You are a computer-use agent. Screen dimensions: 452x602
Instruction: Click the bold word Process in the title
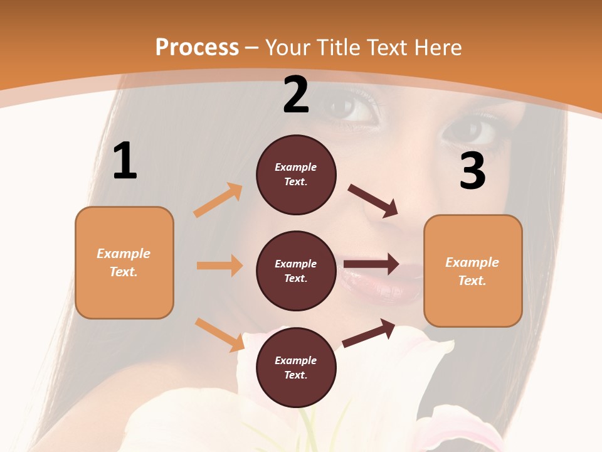click(197, 48)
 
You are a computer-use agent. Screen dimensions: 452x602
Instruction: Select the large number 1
click(125, 161)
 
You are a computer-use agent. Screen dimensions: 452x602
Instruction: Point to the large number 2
click(296, 95)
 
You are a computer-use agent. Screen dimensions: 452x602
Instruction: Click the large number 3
click(473, 171)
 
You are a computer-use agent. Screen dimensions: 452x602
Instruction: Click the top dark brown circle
click(296, 175)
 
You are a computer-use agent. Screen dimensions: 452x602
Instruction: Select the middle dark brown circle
click(296, 271)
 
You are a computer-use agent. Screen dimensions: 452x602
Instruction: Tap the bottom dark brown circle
click(296, 367)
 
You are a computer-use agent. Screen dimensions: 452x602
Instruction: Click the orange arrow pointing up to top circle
click(218, 200)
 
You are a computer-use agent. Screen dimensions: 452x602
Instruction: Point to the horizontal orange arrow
click(219, 266)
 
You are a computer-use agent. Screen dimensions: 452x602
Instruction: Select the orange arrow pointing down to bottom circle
click(219, 335)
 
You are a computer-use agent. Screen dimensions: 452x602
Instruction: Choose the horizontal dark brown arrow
click(371, 264)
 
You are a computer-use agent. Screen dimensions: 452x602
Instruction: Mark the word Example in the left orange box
click(124, 254)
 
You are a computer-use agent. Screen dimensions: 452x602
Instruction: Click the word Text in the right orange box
click(472, 281)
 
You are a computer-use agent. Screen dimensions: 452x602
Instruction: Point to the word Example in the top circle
click(296, 167)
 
